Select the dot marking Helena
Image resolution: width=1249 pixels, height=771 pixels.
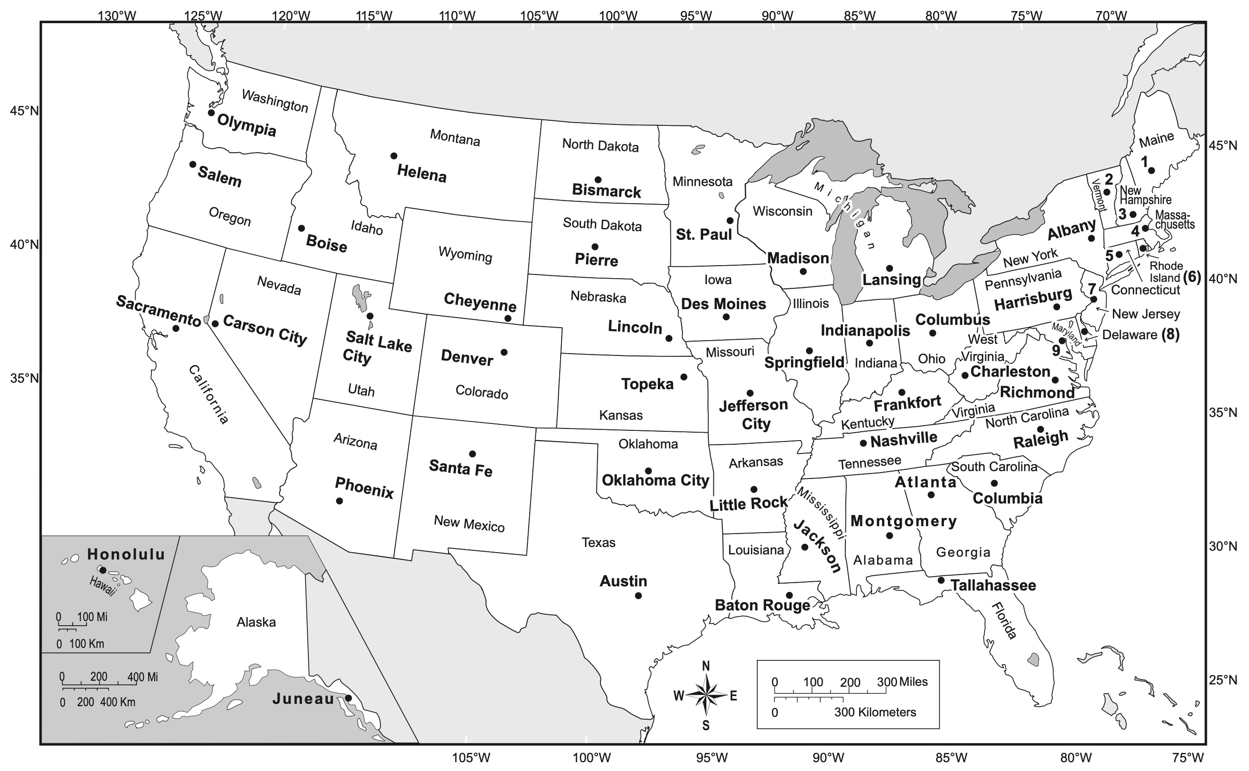[393, 156]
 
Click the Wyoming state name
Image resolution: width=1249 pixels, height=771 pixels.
[465, 254]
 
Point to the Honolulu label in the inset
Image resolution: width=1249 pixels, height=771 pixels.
[126, 554]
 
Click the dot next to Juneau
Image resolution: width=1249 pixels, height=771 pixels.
[348, 698]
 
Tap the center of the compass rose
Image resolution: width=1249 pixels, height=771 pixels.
[706, 695]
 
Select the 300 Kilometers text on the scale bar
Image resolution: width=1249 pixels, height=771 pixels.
[874, 712]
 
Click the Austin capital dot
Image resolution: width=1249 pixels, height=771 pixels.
[638, 596]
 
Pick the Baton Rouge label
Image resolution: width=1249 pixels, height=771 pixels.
[762, 605]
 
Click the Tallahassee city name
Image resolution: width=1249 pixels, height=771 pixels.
[993, 585]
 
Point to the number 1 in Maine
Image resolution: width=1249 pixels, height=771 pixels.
[1144, 162]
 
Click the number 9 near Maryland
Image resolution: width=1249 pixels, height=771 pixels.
[1055, 350]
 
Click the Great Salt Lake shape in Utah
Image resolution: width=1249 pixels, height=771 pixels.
[361, 298]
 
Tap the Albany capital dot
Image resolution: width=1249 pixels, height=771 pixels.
[1092, 238]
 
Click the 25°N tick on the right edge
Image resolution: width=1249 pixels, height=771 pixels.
[1223, 680]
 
